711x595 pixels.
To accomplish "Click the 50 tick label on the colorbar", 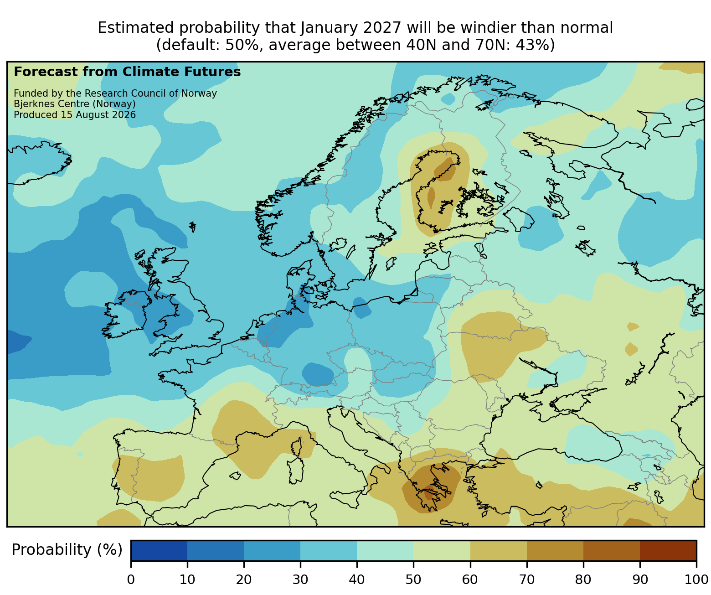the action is click(413, 579).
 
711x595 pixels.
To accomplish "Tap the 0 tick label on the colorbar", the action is click(131, 579).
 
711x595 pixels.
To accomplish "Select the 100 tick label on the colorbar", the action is click(696, 579).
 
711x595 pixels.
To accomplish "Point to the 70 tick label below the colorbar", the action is click(526, 579).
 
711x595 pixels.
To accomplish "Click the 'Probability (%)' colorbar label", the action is click(67, 550).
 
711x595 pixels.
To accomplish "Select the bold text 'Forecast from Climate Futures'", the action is click(127, 72).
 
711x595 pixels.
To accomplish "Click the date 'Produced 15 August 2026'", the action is click(75, 115).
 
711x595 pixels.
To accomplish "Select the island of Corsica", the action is click(297, 446).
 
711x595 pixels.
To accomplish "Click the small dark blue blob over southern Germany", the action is click(317, 374).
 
